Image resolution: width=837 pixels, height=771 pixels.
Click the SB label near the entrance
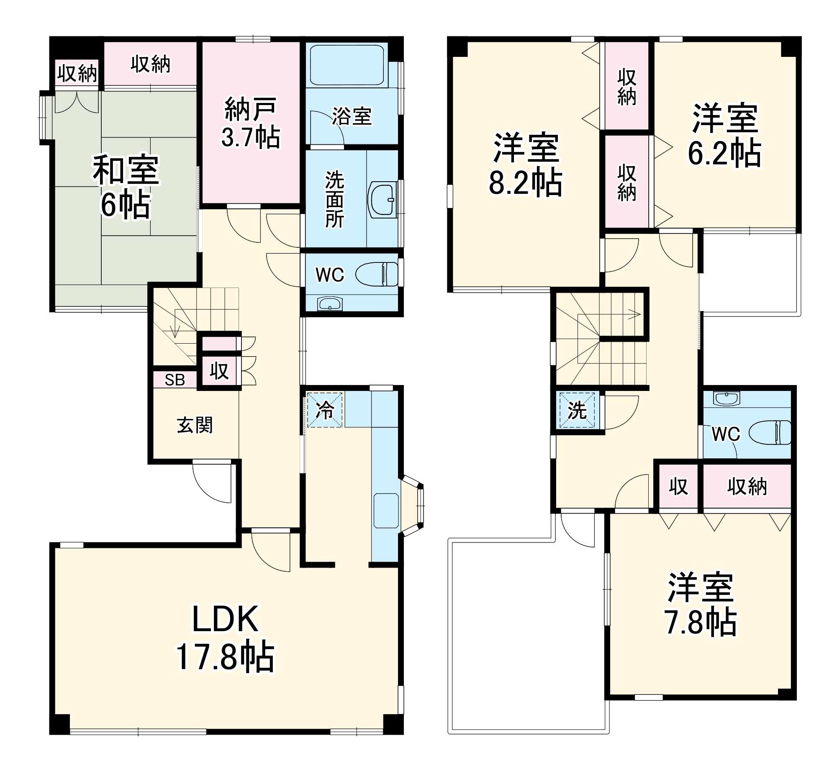(175, 380)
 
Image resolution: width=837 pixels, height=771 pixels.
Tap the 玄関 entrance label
(195, 425)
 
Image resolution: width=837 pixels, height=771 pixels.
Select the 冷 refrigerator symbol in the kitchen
(325, 410)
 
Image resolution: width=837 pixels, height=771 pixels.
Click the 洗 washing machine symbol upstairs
(577, 410)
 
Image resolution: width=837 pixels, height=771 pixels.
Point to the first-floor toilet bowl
(377, 275)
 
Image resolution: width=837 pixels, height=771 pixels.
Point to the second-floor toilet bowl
(769, 432)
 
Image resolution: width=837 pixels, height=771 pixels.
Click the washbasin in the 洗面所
(382, 200)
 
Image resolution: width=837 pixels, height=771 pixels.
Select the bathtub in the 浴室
(347, 64)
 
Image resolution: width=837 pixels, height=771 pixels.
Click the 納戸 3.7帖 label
(250, 123)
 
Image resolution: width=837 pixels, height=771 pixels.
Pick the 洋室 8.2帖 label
(526, 164)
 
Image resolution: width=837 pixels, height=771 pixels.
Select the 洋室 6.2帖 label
(724, 135)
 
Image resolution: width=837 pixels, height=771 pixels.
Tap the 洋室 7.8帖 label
(701, 605)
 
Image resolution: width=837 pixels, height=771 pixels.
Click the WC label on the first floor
(330, 275)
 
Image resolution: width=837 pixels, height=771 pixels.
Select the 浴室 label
(352, 116)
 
